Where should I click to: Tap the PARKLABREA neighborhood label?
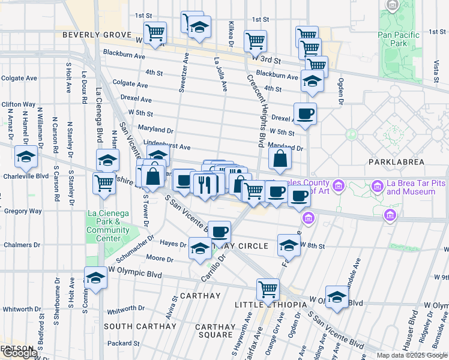click(397, 162)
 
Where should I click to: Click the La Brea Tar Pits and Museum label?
click(411, 187)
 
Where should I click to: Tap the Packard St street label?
click(124, 344)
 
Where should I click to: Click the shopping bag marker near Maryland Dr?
click(280, 158)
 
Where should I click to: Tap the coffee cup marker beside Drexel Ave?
click(305, 113)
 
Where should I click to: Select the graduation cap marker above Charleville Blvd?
click(26, 157)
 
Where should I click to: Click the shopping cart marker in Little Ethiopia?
click(268, 290)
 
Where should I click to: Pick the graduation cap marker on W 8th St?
click(289, 245)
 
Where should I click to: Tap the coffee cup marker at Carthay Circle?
click(220, 231)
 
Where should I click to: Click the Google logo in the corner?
click(19, 353)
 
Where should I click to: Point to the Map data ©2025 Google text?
click(411, 355)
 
